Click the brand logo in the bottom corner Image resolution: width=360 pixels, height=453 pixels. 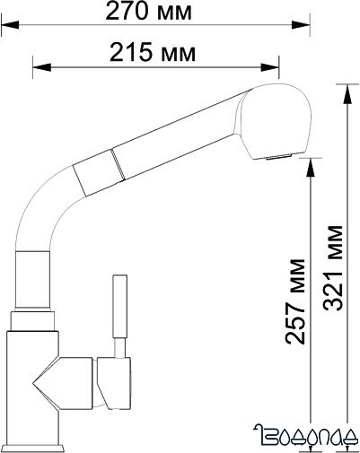(x=306, y=437)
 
